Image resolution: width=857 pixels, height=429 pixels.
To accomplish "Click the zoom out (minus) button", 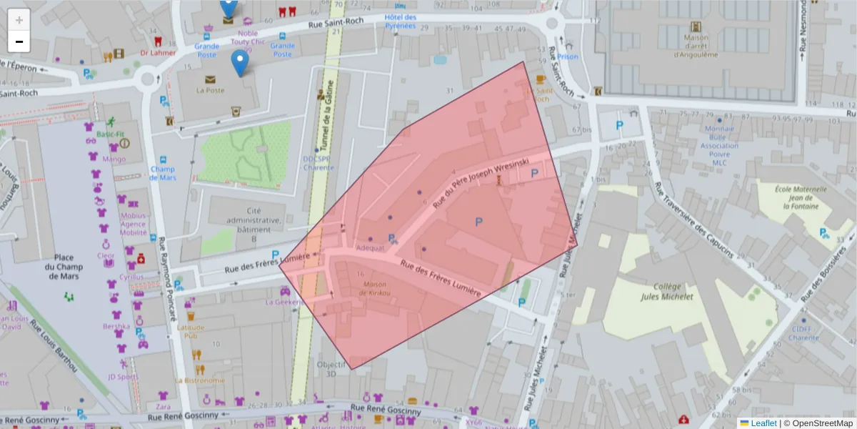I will pyautogui.click(x=19, y=41).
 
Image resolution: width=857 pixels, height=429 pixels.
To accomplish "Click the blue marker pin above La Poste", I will pyautogui.click(x=241, y=62).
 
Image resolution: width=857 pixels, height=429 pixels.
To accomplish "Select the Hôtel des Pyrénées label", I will pyautogui.click(x=399, y=21).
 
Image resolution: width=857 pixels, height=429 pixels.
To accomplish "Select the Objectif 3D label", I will pyautogui.click(x=331, y=368).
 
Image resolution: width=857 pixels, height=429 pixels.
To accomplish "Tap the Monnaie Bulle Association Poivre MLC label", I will pyautogui.click(x=720, y=145).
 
